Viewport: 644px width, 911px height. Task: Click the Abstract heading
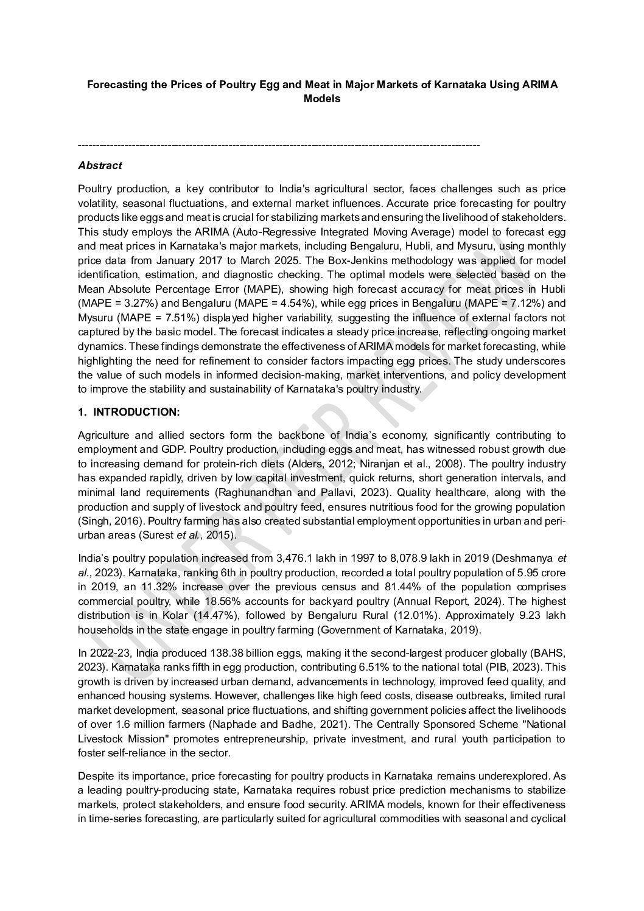click(100, 165)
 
